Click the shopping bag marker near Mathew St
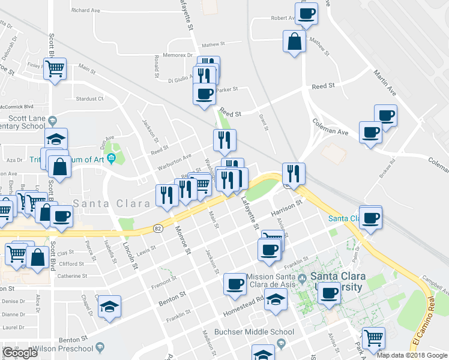[x=294, y=42]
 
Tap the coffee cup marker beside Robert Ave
[x=306, y=13]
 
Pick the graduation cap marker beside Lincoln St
[x=109, y=306]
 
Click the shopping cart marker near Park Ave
[x=373, y=338]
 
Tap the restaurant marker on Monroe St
[x=166, y=195]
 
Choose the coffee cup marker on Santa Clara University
[x=329, y=293]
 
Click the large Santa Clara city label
[x=112, y=203]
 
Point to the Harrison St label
[x=285, y=210]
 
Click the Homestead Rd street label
[x=244, y=305]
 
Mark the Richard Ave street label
[x=85, y=10]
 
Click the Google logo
[x=20, y=353]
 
